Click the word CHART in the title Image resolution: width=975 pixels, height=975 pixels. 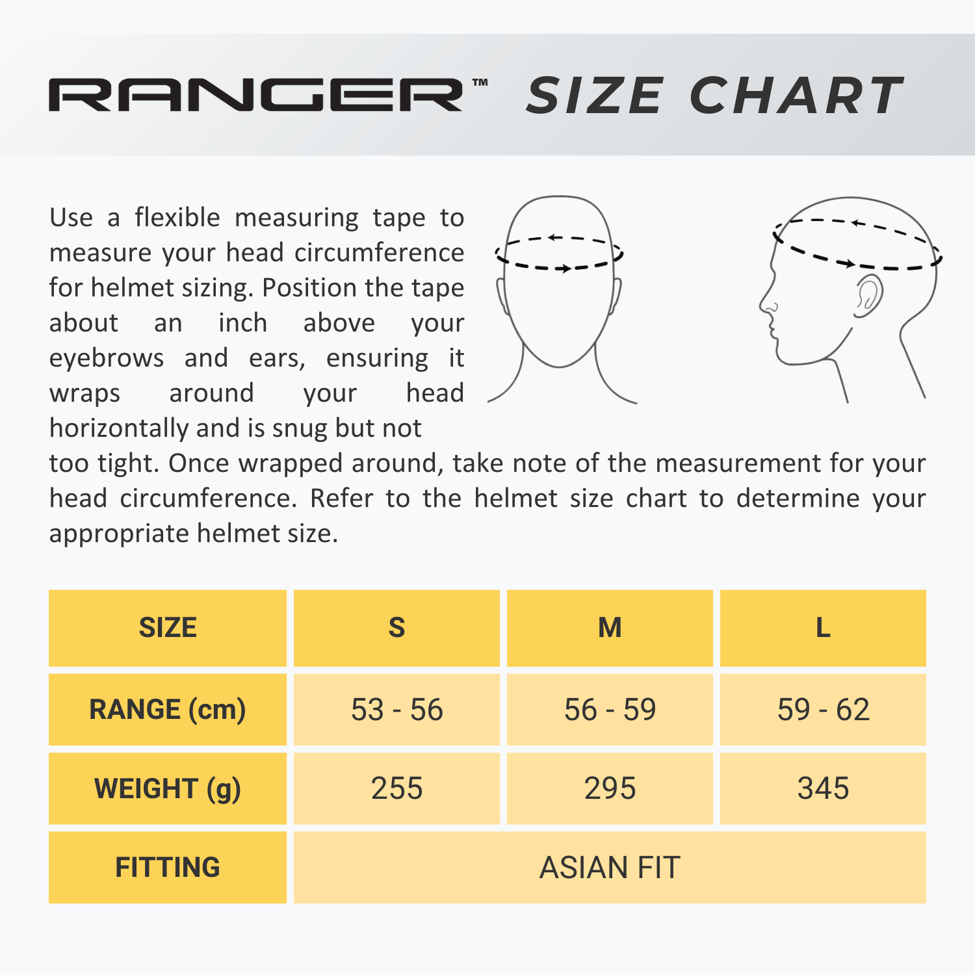(796, 96)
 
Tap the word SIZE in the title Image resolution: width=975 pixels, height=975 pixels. (595, 96)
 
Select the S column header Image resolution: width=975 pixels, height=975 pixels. (396, 628)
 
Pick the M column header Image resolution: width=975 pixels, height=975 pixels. (610, 628)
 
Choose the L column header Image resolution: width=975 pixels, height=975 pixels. (823, 628)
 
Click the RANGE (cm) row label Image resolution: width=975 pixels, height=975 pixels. (168, 709)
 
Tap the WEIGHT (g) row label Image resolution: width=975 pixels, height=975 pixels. (168, 788)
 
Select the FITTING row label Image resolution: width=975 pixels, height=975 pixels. (168, 867)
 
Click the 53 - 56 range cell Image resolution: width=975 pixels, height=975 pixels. (396, 709)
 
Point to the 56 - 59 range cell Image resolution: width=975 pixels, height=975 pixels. (610, 709)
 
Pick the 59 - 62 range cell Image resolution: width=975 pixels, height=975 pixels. (823, 709)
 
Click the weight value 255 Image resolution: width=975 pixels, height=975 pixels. (396, 788)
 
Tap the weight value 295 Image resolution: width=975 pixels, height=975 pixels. (610, 788)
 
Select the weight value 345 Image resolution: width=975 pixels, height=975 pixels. (823, 788)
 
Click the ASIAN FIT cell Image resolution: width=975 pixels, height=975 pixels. (610, 867)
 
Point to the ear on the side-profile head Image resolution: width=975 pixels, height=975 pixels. (868, 296)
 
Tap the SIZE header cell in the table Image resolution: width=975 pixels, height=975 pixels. (168, 628)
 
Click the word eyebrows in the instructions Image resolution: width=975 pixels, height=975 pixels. (107, 358)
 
